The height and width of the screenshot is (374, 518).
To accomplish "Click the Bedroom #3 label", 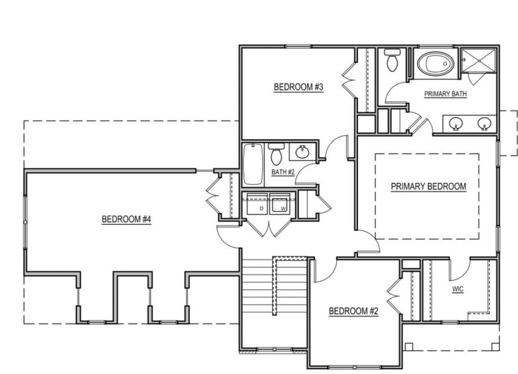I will pyautogui.click(x=298, y=87).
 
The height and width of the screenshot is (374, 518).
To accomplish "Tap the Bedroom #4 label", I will pyautogui.click(x=127, y=219).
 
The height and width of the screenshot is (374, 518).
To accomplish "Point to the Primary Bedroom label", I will pyautogui.click(x=428, y=186).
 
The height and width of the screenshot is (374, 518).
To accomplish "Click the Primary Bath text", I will pyautogui.click(x=445, y=94).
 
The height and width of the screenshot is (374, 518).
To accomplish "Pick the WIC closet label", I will pyautogui.click(x=458, y=289).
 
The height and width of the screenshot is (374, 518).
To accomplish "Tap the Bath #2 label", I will pyautogui.click(x=283, y=172).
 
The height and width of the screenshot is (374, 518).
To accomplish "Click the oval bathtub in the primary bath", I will pyautogui.click(x=436, y=64).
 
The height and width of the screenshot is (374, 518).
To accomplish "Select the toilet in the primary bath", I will pyautogui.click(x=392, y=60).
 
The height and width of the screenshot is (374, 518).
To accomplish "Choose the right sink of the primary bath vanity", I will pyautogui.click(x=484, y=123).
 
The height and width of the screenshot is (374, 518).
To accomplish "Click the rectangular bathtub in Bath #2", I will pyautogui.click(x=252, y=165).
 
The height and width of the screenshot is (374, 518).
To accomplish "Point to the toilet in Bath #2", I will pyautogui.click(x=276, y=154).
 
